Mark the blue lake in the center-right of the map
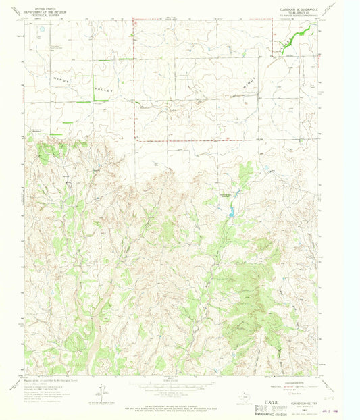[230, 213]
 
